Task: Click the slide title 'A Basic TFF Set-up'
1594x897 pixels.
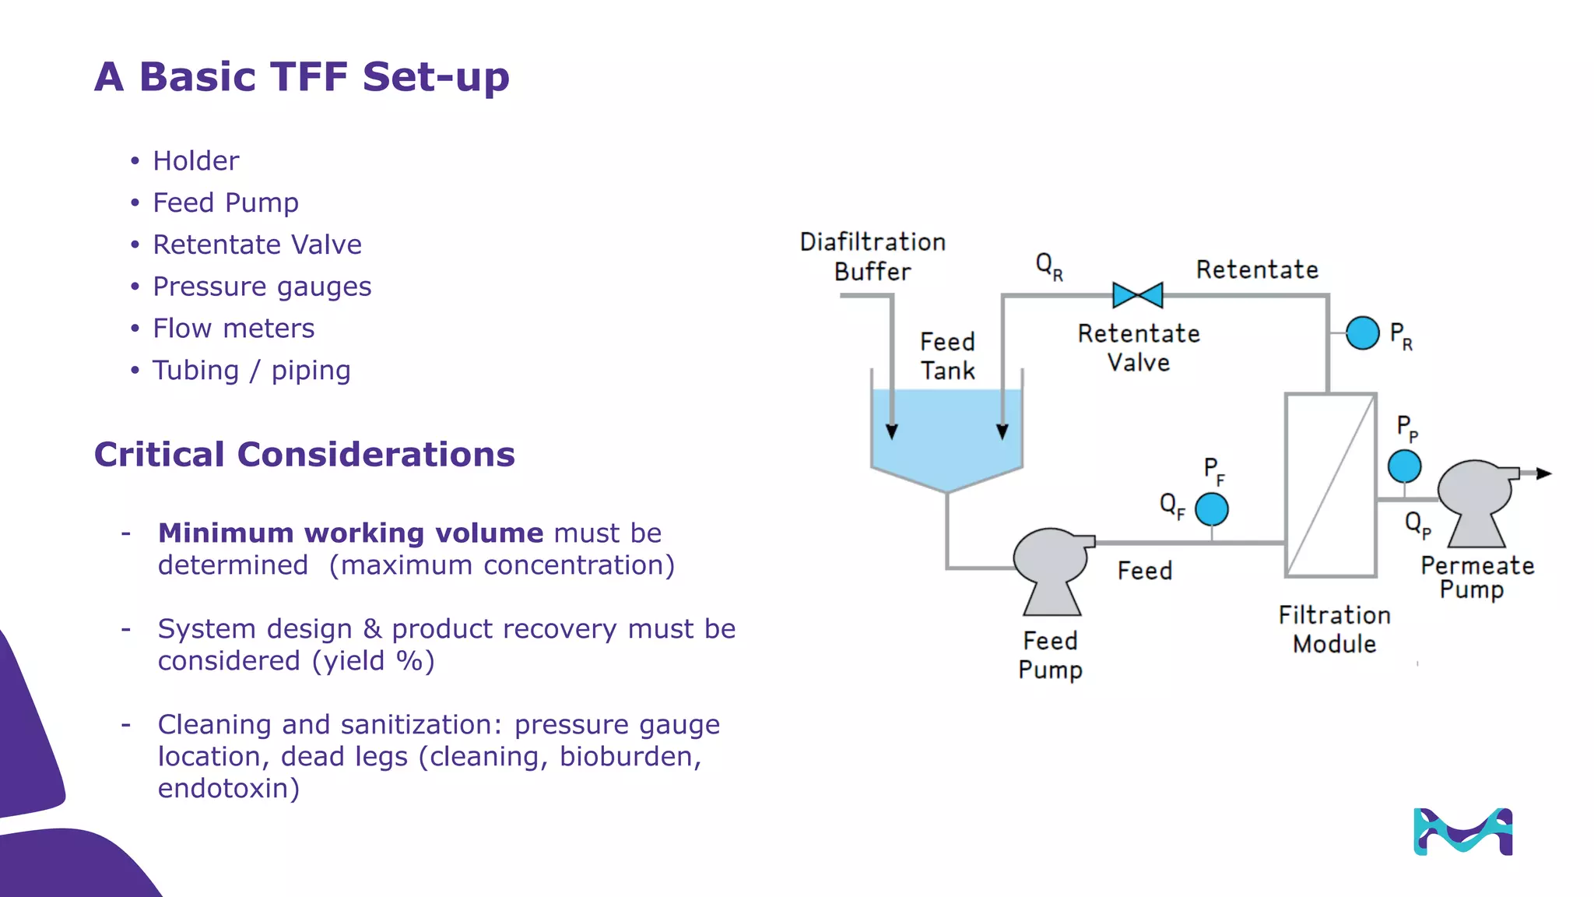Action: [x=301, y=76]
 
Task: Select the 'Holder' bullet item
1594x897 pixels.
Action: [x=195, y=161]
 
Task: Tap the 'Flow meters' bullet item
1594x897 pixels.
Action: [x=233, y=329]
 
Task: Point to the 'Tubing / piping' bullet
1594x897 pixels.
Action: [x=251, y=371]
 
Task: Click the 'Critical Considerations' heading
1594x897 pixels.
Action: [x=304, y=455]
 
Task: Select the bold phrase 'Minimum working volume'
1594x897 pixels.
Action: [x=350, y=533]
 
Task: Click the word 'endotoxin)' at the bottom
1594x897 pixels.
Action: [x=228, y=789]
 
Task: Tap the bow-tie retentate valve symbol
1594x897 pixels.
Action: [x=1137, y=295]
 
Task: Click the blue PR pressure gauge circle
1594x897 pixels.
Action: [x=1362, y=333]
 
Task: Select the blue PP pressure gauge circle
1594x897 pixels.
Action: [x=1404, y=466]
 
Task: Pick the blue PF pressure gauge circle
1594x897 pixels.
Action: [x=1211, y=509]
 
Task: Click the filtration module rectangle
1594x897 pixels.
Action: [x=1330, y=485]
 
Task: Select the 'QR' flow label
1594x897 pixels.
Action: [x=1048, y=266]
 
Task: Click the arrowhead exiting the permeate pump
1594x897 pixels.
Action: [x=1544, y=473]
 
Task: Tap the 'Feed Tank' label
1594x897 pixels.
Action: [x=947, y=356]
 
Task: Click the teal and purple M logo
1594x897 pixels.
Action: [x=1462, y=832]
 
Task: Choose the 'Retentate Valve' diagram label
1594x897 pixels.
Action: [x=1138, y=348]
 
